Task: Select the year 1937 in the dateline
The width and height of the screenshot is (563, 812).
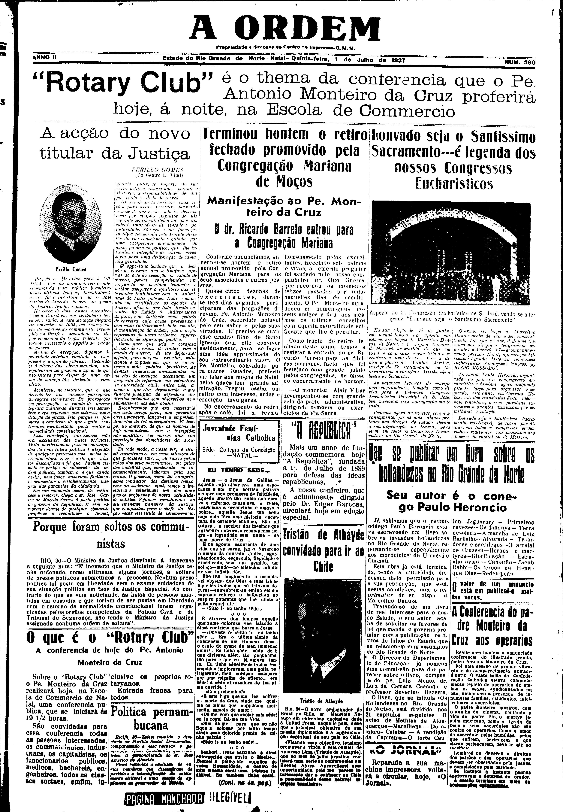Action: (x=398, y=60)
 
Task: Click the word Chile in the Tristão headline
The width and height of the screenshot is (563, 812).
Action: (x=323, y=567)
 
